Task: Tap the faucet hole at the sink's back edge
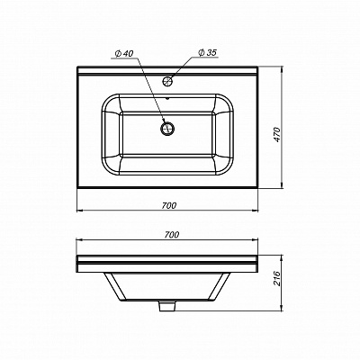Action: pyautogui.click(x=166, y=81)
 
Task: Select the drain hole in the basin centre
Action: pyautogui.click(x=166, y=128)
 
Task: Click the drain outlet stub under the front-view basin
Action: pyautogui.click(x=167, y=308)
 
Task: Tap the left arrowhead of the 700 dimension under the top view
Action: pyautogui.click(x=77, y=212)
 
